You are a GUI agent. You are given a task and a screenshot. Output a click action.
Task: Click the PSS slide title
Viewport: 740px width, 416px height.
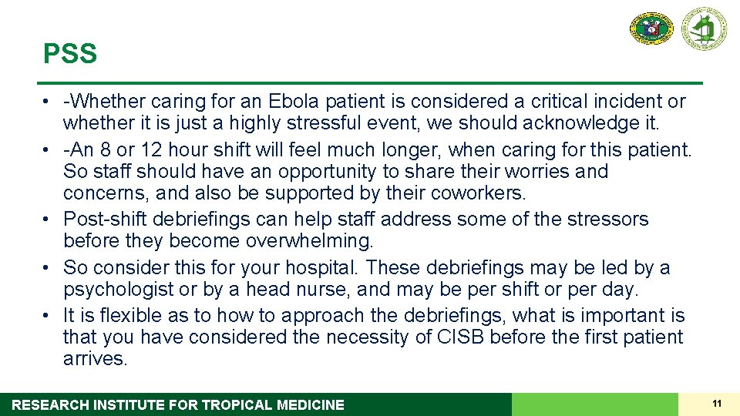(x=70, y=55)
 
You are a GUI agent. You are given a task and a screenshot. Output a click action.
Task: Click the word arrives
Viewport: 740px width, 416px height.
(x=95, y=359)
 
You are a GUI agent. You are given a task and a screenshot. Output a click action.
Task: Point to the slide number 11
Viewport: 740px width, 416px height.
(x=717, y=404)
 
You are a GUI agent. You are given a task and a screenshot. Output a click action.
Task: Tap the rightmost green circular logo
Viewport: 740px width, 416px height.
(x=703, y=29)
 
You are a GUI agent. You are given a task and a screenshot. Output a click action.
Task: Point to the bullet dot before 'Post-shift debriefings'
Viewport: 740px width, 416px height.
(x=48, y=220)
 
